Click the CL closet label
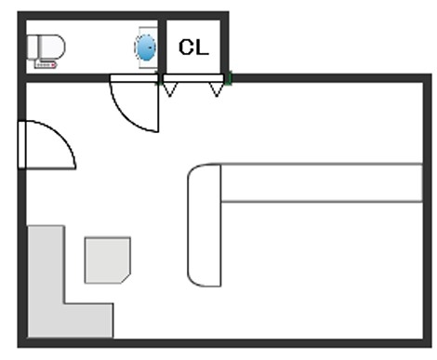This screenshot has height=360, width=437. coord(193,47)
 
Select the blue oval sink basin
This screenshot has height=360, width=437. coord(145,47)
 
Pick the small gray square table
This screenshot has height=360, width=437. coord(107,260)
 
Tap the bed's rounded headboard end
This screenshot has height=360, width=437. coord(205,225)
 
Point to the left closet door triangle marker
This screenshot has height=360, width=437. coord(170,89)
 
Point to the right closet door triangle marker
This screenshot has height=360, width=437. coord(217,89)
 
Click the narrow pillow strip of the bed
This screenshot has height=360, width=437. coord(322,183)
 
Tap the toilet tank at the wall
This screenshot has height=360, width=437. coord(33,47)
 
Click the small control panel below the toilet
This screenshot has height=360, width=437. coord(46,65)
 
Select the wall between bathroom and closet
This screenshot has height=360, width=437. coord(162,47)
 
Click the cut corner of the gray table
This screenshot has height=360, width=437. coord(126,278)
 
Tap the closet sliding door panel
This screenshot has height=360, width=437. coord(192,78)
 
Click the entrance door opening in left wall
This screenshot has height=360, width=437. coord(21,145)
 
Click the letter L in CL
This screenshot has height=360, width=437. coord(203,47)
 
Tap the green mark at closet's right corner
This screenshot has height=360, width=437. coord(229,78)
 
